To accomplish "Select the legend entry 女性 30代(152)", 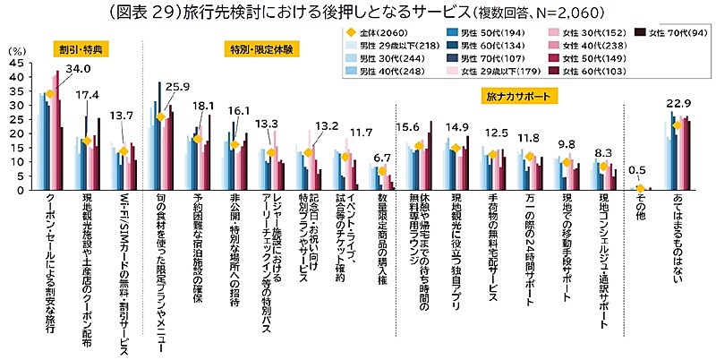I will pyautogui.click(x=584, y=33).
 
